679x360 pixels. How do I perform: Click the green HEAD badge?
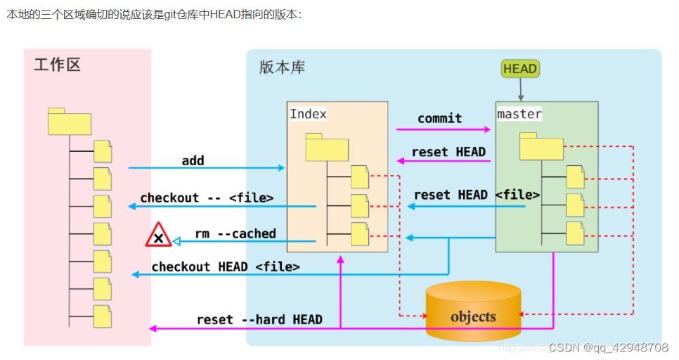(520, 68)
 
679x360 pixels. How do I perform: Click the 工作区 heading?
(57, 65)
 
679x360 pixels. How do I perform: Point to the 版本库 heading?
(282, 67)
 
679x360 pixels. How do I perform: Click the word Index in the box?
(309, 114)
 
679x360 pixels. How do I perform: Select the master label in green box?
(519, 114)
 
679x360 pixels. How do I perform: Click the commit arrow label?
(440, 118)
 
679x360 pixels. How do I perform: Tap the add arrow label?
(193, 160)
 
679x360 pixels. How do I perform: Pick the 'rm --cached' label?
(235, 233)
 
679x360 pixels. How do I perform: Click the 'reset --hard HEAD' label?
(259, 319)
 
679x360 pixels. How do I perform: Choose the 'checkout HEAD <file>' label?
(226, 266)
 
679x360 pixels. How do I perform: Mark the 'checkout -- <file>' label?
(207, 198)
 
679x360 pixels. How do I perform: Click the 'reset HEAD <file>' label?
(477, 195)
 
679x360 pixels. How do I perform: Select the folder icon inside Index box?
(327, 147)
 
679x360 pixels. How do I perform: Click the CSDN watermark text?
(608, 347)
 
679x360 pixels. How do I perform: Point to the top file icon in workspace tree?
(103, 151)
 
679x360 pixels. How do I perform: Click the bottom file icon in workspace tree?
(103, 316)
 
